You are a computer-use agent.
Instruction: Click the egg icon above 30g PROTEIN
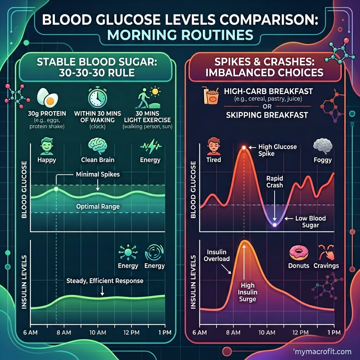pyautogui.click(x=47, y=98)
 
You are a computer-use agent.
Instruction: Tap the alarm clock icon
pyautogui.click(x=98, y=97)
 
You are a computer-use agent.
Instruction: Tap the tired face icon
pyautogui.click(x=214, y=146)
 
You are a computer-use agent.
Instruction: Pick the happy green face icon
pyautogui.click(x=47, y=146)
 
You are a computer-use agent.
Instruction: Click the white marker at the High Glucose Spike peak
pyautogui.click(x=244, y=147)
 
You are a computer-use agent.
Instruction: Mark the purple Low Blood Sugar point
pyautogui.click(x=274, y=225)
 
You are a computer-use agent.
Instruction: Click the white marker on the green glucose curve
pyautogui.click(x=56, y=189)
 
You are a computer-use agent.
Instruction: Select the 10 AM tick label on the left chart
pyautogui.click(x=98, y=333)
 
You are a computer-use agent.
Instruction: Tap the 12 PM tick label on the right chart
pyautogui.click(x=300, y=333)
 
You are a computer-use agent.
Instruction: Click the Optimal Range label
pyautogui.click(x=98, y=207)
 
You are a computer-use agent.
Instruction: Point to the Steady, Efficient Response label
pyautogui.click(x=105, y=281)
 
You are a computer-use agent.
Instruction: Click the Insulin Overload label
pyautogui.click(x=217, y=256)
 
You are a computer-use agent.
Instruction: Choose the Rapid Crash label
pyautogui.click(x=275, y=182)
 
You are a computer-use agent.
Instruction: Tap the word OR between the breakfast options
pyautogui.click(x=267, y=107)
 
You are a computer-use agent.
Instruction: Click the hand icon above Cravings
pyautogui.click(x=326, y=252)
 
